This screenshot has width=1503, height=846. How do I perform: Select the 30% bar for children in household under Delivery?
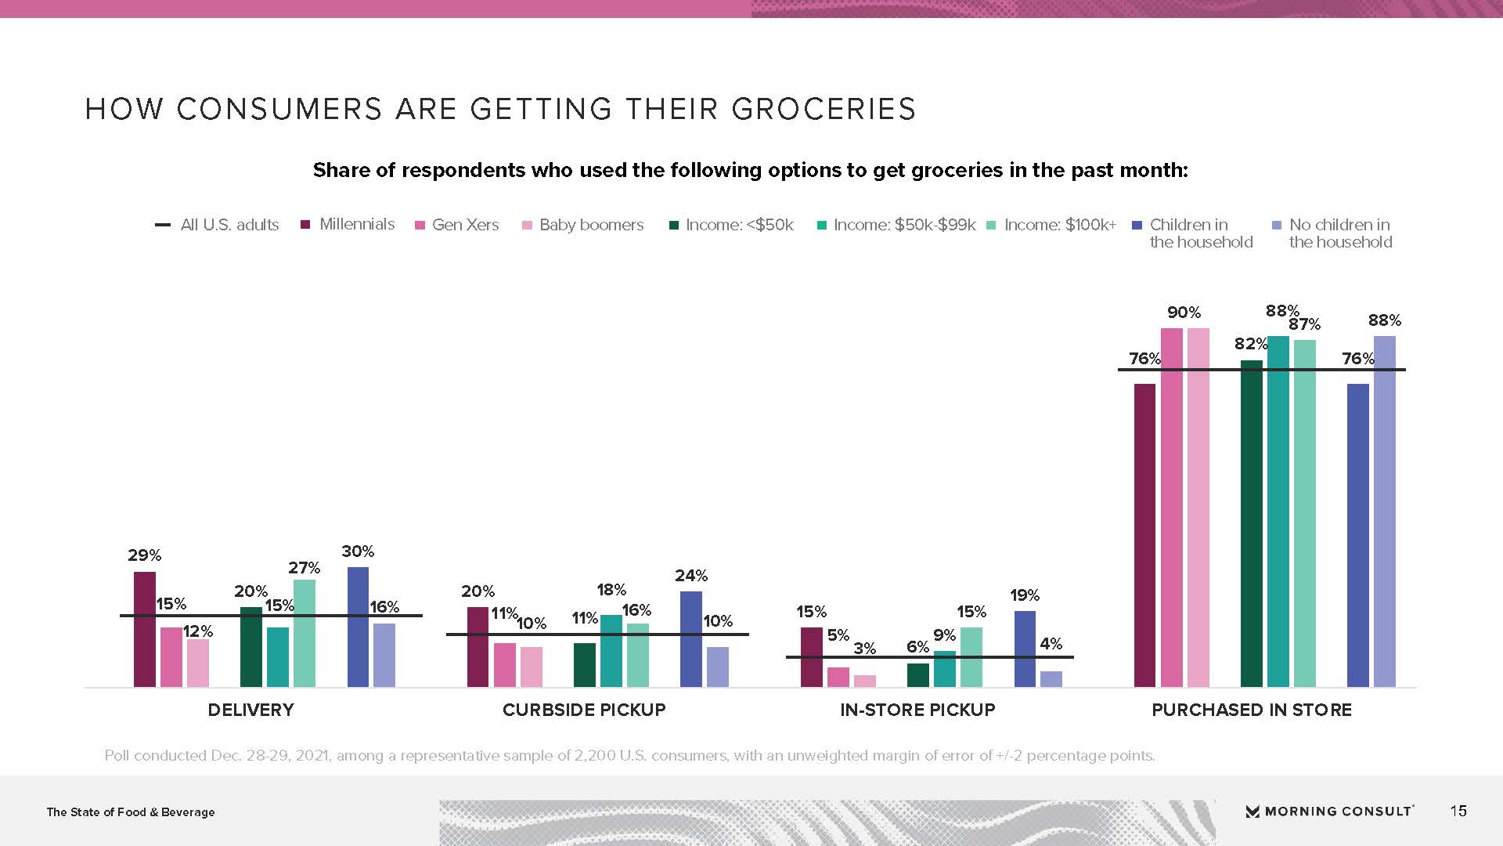(x=358, y=627)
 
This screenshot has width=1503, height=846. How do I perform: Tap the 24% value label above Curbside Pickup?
(x=691, y=576)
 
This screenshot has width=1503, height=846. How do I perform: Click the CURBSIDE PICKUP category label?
(x=584, y=710)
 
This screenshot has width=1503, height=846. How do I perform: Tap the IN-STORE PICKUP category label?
(x=917, y=710)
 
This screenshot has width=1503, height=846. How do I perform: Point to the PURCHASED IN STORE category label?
(x=1252, y=710)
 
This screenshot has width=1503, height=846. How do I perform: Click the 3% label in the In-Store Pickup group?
(x=864, y=649)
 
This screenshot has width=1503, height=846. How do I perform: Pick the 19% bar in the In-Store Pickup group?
(x=1025, y=649)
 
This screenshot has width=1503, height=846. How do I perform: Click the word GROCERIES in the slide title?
(x=824, y=109)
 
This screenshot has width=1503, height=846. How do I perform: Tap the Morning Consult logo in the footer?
(x=1329, y=812)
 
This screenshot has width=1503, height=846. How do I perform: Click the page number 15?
(x=1458, y=811)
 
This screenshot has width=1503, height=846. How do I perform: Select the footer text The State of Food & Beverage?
(x=131, y=812)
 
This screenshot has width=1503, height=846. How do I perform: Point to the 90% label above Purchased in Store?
(x=1184, y=313)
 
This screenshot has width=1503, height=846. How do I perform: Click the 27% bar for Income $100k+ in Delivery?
(x=305, y=633)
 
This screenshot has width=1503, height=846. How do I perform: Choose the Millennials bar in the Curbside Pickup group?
(x=478, y=646)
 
